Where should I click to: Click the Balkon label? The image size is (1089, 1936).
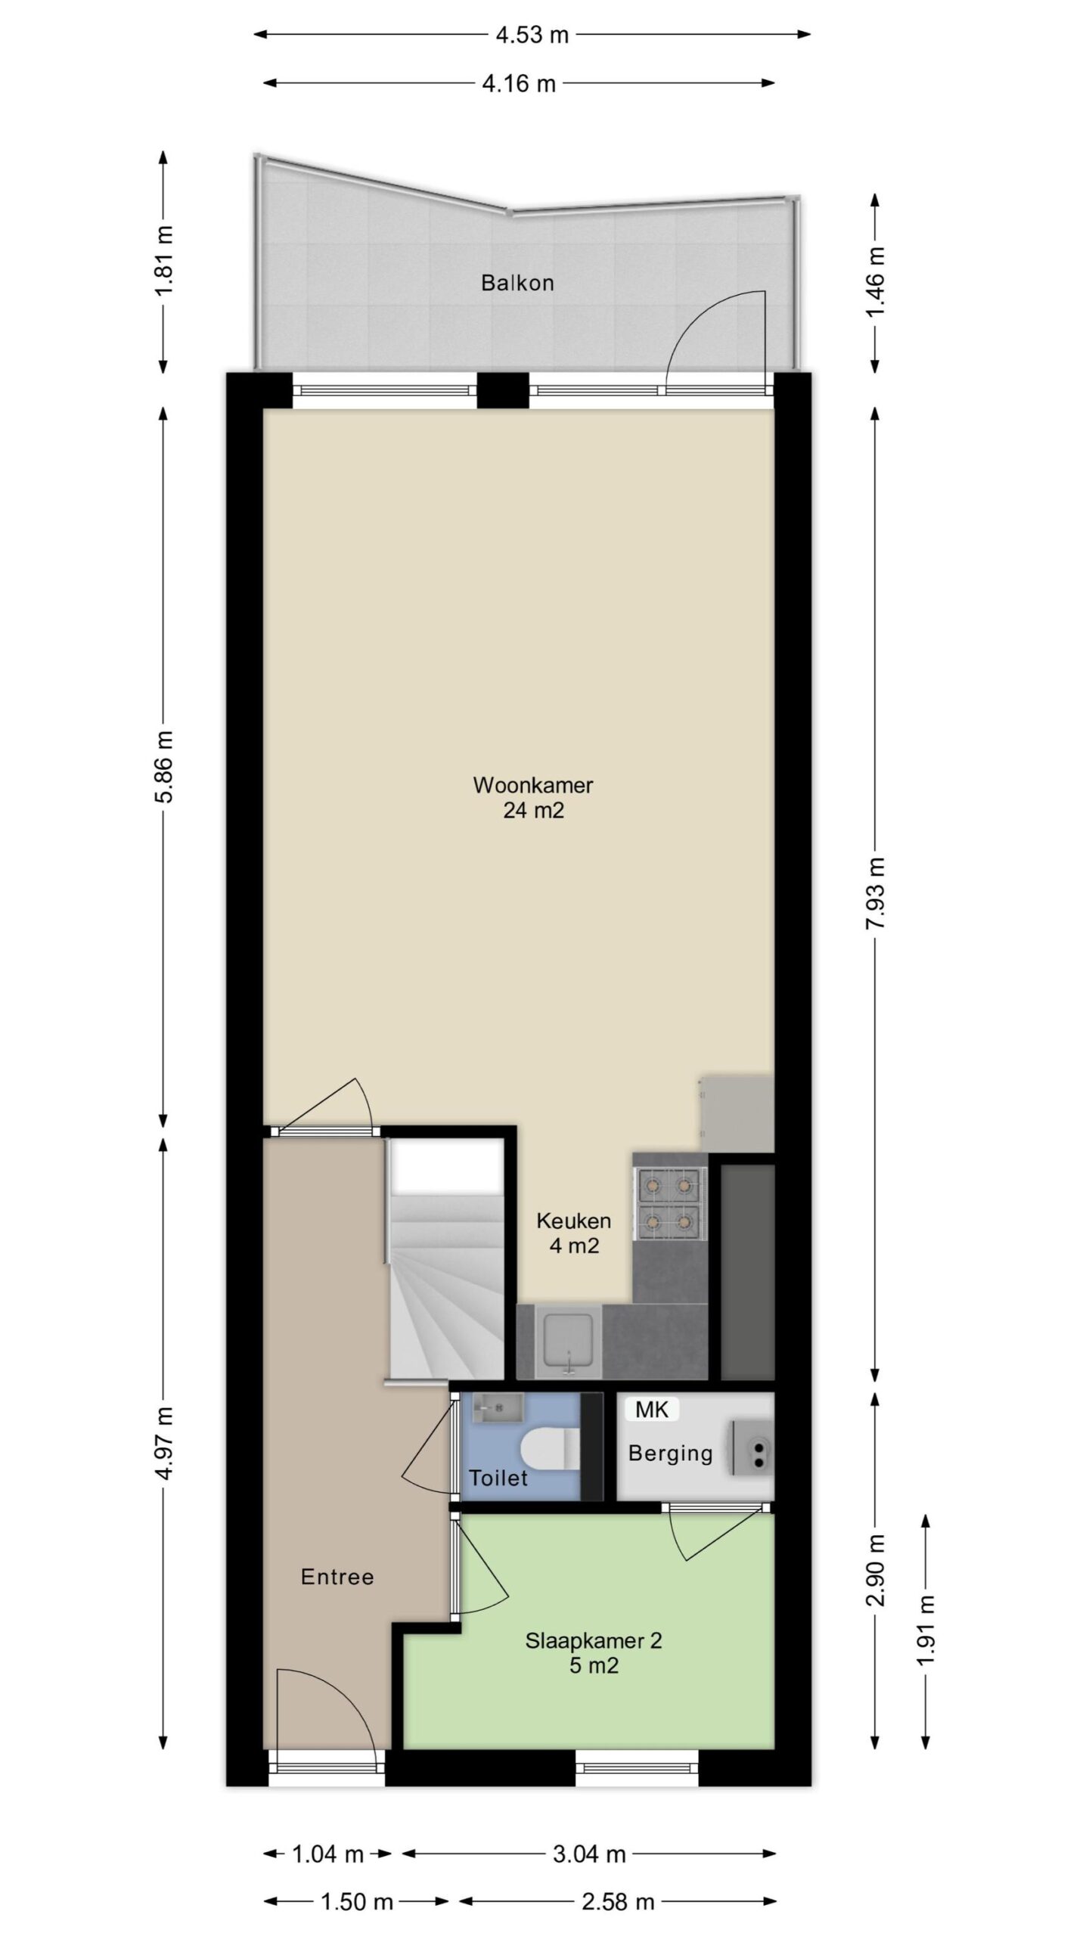[x=517, y=283]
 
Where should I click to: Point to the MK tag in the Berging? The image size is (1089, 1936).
[x=651, y=1409]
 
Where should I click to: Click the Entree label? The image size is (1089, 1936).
[x=337, y=1577]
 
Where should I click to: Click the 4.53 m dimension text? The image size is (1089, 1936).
[x=532, y=35]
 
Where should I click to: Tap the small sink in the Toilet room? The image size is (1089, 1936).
[x=498, y=1407]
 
